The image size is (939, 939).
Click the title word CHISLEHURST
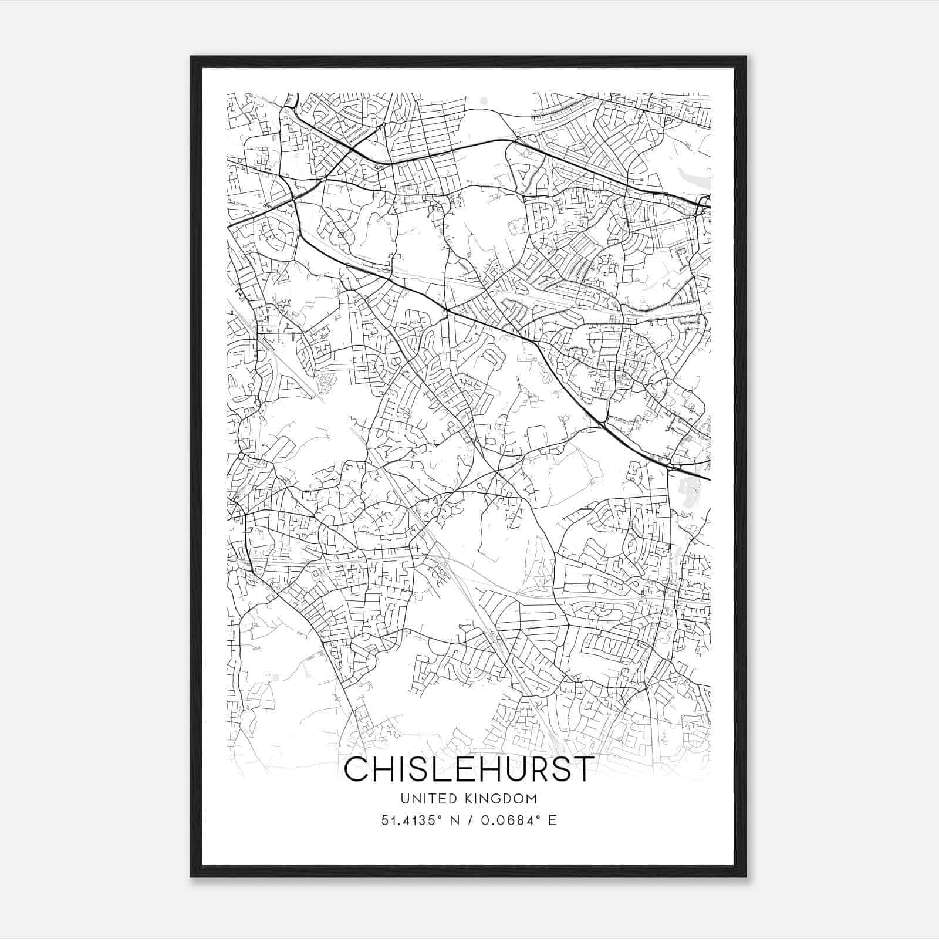pos(468,769)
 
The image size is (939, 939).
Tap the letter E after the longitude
pos(552,820)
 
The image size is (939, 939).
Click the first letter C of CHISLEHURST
pos(357,769)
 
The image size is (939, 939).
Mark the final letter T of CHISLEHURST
pos(580,769)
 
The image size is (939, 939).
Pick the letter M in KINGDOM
pos(531,799)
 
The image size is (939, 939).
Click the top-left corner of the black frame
pos(191,57)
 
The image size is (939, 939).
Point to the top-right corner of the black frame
pos(745,57)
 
